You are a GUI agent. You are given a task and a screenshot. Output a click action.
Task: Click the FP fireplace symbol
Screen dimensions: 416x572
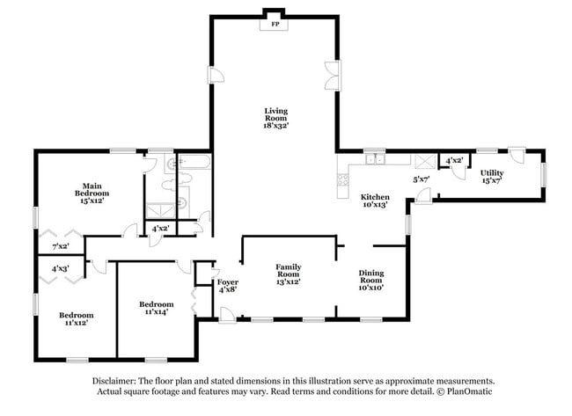point(275,24)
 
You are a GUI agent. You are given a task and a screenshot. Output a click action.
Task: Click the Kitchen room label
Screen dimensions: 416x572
point(375,197)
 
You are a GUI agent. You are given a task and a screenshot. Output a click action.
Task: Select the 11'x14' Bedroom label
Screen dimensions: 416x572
point(152,306)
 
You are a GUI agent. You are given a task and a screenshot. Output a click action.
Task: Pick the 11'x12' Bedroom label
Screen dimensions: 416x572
point(77,315)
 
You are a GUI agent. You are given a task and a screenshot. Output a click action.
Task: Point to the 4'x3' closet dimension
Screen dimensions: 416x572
point(60,268)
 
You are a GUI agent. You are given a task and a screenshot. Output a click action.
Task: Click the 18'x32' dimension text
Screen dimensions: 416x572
point(276,126)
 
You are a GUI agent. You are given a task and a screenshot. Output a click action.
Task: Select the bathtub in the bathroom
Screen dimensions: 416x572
point(192,163)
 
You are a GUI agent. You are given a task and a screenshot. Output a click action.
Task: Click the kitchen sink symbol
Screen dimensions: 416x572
point(375,159)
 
